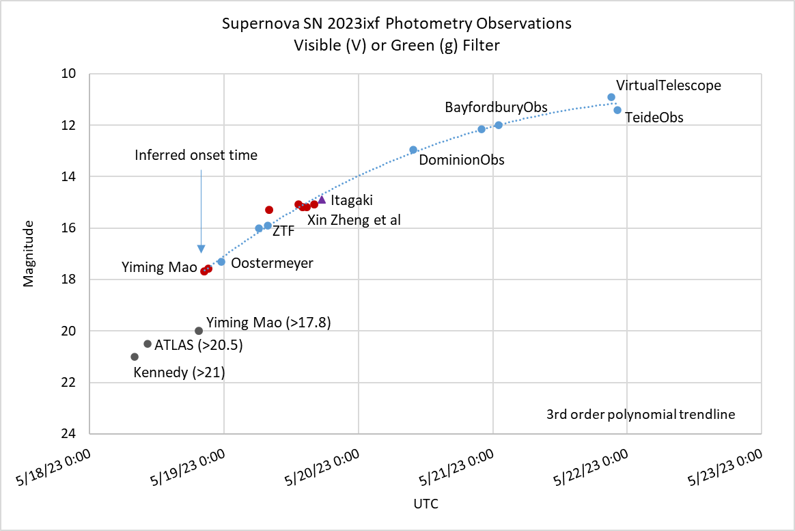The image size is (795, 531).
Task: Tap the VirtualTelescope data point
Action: click(x=611, y=97)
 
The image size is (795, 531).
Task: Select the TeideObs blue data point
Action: click(x=617, y=110)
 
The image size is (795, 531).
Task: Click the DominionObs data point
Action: click(x=413, y=150)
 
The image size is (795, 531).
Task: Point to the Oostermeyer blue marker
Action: click(x=221, y=262)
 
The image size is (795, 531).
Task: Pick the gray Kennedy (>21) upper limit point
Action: click(x=135, y=357)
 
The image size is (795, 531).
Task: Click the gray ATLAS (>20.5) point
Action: click(x=148, y=344)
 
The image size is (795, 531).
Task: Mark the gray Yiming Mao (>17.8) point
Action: click(x=199, y=331)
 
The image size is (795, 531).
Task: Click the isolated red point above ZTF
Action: click(x=269, y=210)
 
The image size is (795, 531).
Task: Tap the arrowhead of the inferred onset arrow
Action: click(x=201, y=249)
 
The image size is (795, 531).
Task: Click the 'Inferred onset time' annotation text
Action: click(x=196, y=155)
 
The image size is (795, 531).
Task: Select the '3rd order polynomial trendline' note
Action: click(x=641, y=414)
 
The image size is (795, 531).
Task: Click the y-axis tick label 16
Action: click(x=68, y=228)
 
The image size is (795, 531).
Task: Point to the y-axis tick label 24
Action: click(x=68, y=434)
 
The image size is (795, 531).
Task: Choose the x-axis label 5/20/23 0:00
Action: click(x=320, y=472)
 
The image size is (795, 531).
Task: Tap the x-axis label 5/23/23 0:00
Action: click(x=724, y=472)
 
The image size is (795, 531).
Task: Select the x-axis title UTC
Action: click(x=426, y=505)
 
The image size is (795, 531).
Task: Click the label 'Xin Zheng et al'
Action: click(x=354, y=220)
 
